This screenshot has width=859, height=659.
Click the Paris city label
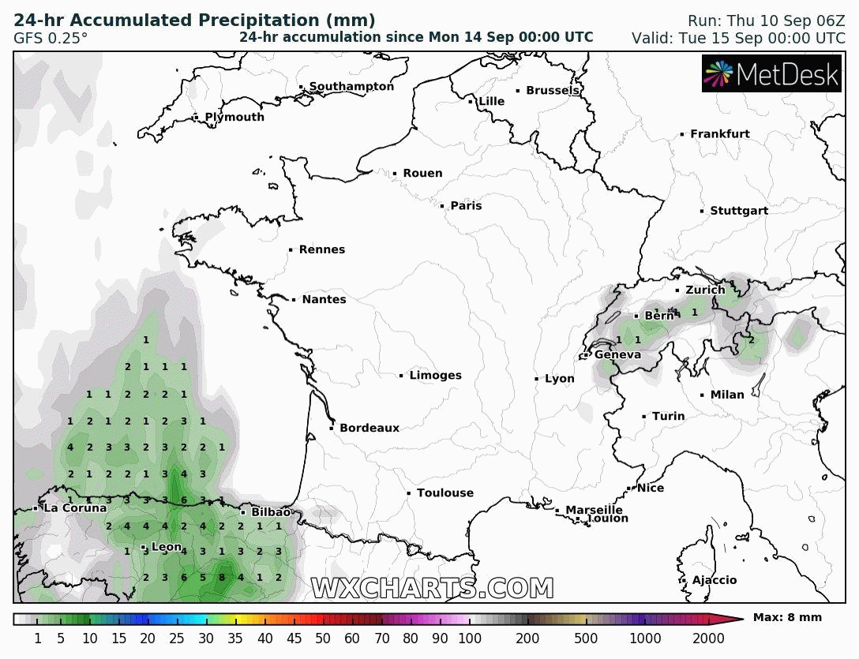coord(466,206)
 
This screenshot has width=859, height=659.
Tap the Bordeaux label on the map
coord(369,429)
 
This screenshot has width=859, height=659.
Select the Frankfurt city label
coord(719,134)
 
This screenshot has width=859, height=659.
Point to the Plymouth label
coord(234,118)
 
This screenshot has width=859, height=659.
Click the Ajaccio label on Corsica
coord(714,581)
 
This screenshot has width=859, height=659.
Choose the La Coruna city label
coord(74,508)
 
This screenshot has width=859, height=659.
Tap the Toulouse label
coord(445,493)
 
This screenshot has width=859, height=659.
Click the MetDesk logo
coord(771,74)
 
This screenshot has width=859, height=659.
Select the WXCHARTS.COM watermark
coord(432,588)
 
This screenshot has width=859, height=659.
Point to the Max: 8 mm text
coord(787,618)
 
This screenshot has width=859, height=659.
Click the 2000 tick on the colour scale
coord(708,638)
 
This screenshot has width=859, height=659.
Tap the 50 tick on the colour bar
coord(323,638)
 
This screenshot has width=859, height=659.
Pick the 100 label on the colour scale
coord(469,638)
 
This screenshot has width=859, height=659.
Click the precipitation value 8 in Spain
coord(222,577)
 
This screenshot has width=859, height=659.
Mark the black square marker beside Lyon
coord(537,380)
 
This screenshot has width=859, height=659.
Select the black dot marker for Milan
coord(702,395)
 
